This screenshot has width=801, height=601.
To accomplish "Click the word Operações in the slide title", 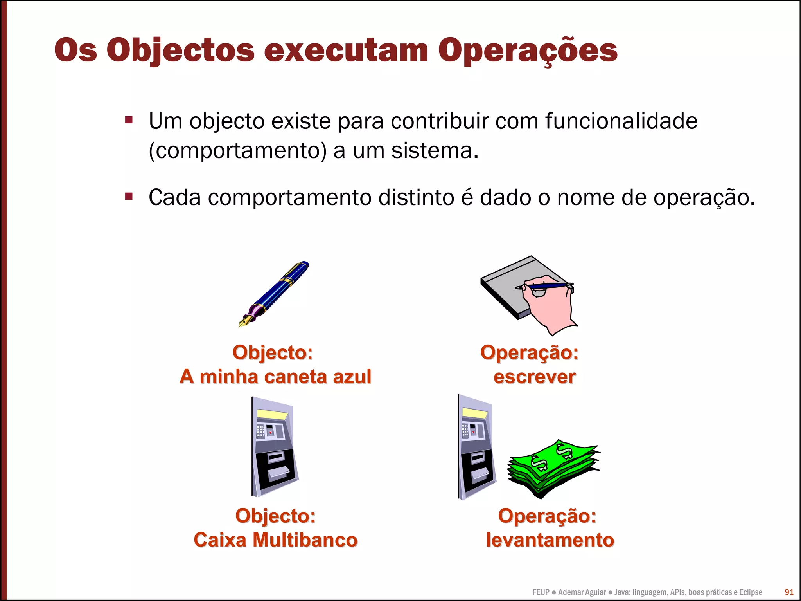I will tap(527, 51).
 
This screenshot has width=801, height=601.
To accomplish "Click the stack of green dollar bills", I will tap(553, 468).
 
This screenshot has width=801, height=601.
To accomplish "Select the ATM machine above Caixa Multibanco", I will tap(274, 446).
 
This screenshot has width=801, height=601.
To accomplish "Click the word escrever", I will tap(534, 377).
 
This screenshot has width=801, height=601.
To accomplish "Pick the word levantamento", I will tap(550, 540).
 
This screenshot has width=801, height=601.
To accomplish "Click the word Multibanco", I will tap(305, 540).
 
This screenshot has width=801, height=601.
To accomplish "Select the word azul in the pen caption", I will tap(352, 377).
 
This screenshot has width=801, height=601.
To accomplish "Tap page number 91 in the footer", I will tap(789, 592).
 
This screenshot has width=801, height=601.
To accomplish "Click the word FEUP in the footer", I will tap(541, 592).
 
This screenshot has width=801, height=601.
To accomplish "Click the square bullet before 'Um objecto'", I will tap(129, 119).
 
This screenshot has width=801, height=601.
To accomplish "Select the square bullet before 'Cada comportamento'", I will tap(129, 196).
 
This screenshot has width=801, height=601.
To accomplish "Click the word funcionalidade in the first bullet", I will tap(621, 121).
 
